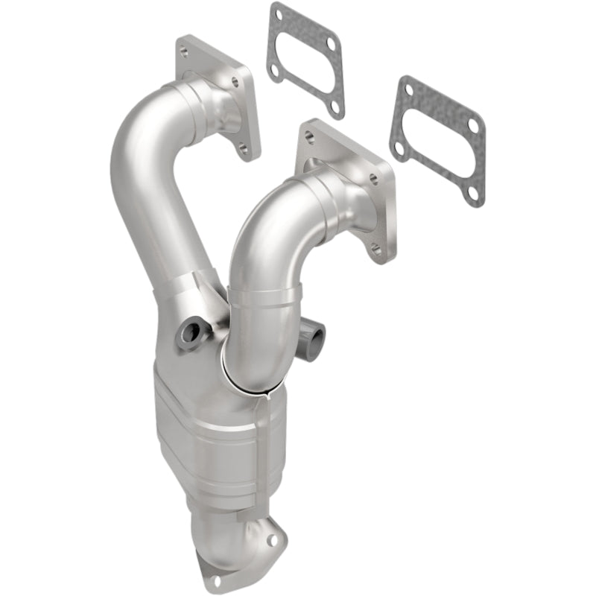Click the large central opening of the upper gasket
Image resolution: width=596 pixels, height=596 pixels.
coord(305,62)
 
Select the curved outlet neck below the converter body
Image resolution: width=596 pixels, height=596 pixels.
coord(231,536)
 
